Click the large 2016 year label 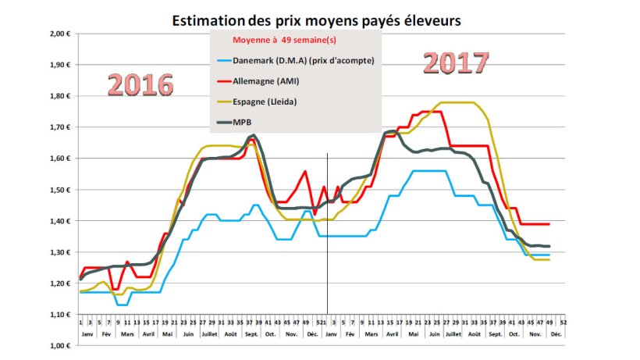click(140, 84)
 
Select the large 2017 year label click(456, 62)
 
